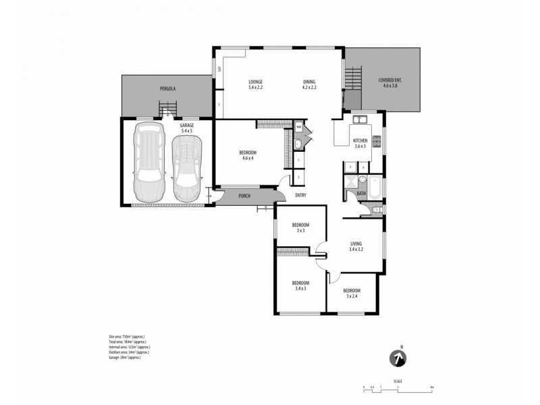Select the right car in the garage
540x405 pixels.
186,167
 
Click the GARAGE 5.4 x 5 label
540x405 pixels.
186,128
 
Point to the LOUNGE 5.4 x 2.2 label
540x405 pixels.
255,84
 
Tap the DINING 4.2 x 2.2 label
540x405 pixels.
309,84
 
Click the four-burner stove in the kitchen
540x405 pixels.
376,142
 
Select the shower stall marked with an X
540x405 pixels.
350,183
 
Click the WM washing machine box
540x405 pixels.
298,126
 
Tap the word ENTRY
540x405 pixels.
301,196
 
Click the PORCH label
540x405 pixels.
244,197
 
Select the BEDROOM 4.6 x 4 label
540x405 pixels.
248,155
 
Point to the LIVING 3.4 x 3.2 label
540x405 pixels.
356,246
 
